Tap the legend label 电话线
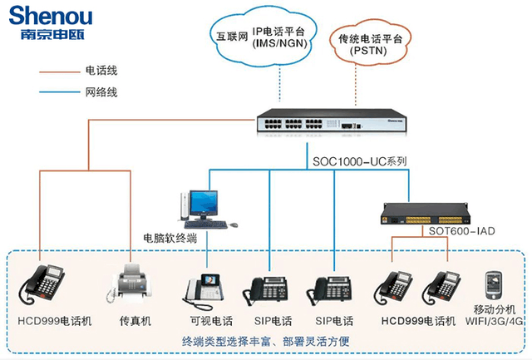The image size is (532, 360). tap(101, 72)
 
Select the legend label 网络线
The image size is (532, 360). tap(101, 92)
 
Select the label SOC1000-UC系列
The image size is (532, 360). tap(359, 161)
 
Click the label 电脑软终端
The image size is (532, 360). tap(170, 237)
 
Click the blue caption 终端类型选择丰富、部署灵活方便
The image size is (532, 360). tap(266, 342)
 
